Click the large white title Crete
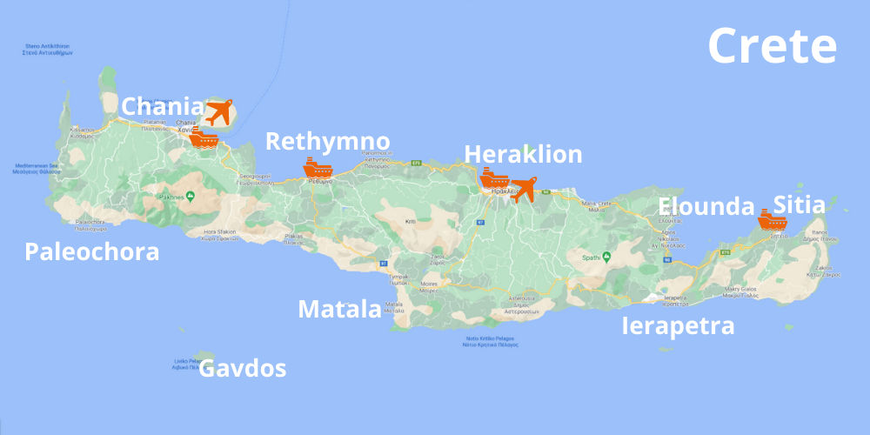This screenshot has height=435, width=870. click(x=773, y=45)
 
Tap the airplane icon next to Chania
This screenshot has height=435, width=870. click(x=219, y=112)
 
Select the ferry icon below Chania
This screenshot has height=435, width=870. click(x=204, y=137)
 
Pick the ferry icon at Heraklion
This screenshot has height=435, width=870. click(x=494, y=179)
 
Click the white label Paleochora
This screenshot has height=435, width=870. click(x=92, y=252)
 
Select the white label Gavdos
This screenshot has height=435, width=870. click(x=243, y=369)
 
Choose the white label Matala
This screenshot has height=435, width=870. click(x=339, y=309)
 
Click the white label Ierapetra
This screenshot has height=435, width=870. click(x=678, y=326)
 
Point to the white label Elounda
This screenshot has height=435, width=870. click(x=706, y=206)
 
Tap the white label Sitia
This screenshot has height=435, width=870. click(x=799, y=205)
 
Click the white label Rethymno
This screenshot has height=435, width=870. click(x=327, y=141)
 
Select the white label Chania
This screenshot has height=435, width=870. click(x=163, y=107)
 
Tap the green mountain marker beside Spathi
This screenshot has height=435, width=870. click(x=607, y=258)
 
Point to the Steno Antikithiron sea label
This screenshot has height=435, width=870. click(x=47, y=50)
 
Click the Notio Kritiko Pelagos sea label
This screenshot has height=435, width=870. click(x=492, y=342)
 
